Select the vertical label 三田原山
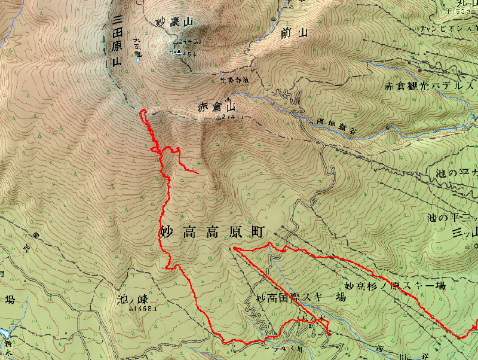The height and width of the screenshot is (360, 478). [117, 41]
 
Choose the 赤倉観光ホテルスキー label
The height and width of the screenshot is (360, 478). [430, 86]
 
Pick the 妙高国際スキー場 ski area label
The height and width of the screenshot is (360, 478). [301, 297]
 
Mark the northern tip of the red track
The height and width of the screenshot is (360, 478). [142, 111]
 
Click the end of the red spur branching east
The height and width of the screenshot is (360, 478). [198, 172]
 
